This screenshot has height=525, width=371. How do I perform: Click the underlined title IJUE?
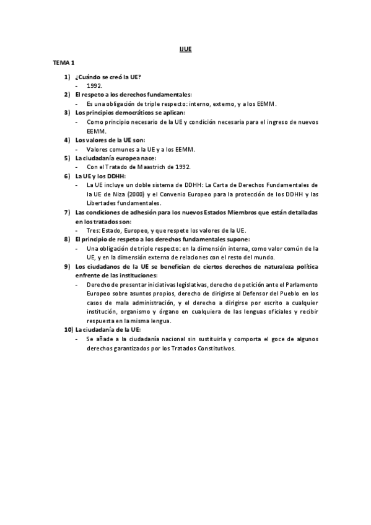185,49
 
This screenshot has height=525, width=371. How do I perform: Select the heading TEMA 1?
63,63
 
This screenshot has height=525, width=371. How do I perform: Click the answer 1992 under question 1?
95,85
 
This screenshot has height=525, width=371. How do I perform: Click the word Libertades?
101,203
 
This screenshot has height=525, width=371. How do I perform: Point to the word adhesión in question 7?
134,212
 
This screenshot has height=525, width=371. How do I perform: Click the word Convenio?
176,194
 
